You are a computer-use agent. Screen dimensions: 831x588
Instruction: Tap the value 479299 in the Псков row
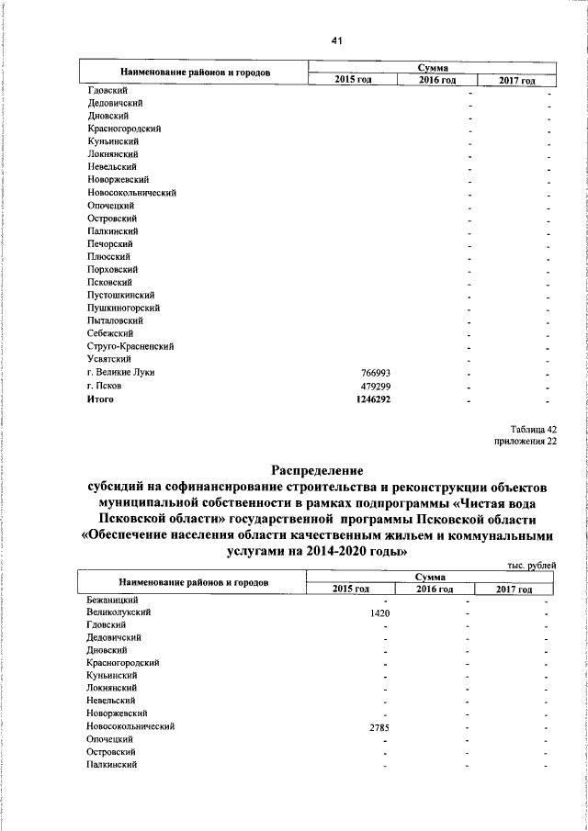[376, 386]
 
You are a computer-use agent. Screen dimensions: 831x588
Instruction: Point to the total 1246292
[373, 399]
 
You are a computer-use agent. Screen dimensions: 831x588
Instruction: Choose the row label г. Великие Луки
[120, 373]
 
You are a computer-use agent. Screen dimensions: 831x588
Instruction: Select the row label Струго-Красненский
[130, 347]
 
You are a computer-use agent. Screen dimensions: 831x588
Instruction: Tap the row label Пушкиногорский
[124, 309]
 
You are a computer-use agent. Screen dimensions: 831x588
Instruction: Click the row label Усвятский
[111, 360]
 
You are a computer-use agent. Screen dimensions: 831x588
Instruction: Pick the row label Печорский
[111, 244]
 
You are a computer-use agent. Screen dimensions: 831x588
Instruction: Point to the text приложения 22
[526, 442]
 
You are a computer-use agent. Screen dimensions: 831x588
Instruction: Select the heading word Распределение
[317, 469]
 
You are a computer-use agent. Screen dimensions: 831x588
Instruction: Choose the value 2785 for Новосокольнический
[380, 727]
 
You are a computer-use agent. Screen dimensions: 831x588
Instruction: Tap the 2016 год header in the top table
[436, 81]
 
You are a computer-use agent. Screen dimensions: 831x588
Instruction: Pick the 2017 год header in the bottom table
[515, 588]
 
